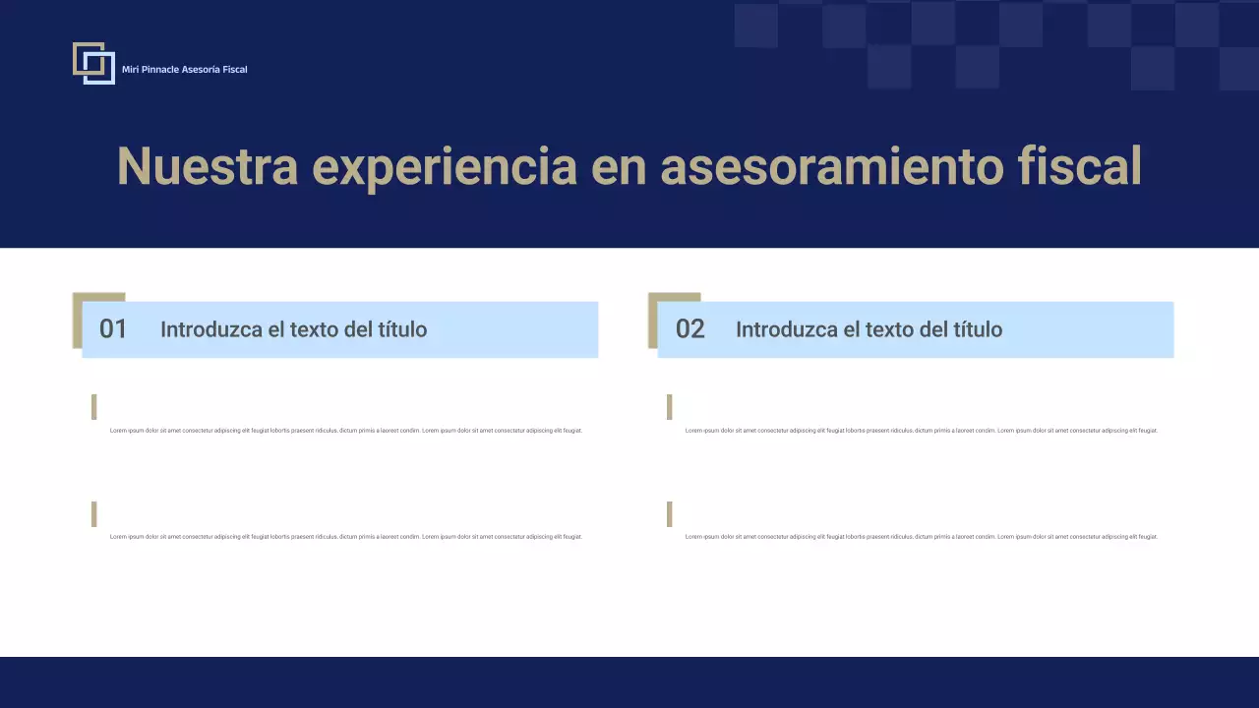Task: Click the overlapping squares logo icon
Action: click(93, 63)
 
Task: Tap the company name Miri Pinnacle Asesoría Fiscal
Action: click(184, 70)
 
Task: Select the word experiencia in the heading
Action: click(444, 166)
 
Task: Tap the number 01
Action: click(113, 329)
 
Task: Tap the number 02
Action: click(689, 329)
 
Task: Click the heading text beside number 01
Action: click(293, 329)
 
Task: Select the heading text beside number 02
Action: click(869, 329)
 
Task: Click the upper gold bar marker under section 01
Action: click(94, 407)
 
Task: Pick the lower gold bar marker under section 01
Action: click(94, 514)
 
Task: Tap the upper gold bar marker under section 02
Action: click(670, 407)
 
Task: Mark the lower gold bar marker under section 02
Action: click(670, 514)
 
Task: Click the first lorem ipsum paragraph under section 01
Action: click(345, 431)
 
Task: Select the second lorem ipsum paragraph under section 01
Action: click(345, 537)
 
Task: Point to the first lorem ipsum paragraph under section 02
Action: click(921, 431)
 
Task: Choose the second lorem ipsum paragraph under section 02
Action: click(921, 537)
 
